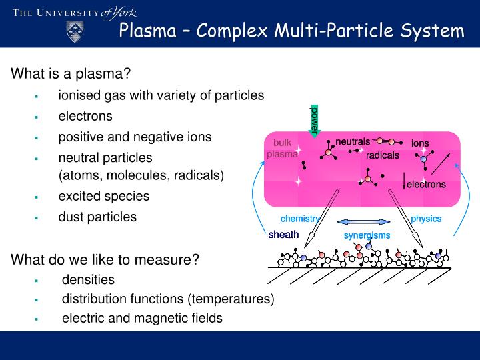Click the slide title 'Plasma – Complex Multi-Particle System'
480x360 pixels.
[x=291, y=31]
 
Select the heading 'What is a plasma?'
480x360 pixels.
[x=70, y=74]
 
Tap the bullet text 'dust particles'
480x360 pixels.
[x=97, y=217]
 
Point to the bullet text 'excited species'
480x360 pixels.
[x=103, y=197]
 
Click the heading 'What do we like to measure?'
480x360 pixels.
[x=105, y=259]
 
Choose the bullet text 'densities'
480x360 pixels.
[x=88, y=279]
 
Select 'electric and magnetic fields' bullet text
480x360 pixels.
[x=142, y=318]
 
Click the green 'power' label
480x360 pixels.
[x=315, y=118]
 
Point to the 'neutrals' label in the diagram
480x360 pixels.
[x=352, y=141]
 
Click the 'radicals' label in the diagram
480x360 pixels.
[x=382, y=155]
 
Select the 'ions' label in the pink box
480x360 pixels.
[x=420, y=143]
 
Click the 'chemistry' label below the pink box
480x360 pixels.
[x=300, y=219]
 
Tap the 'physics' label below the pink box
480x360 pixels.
[x=426, y=219]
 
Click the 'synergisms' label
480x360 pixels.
[x=367, y=235]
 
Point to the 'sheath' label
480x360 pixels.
[x=283, y=235]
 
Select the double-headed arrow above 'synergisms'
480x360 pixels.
[x=363, y=222]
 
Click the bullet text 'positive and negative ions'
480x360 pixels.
[x=135, y=137]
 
